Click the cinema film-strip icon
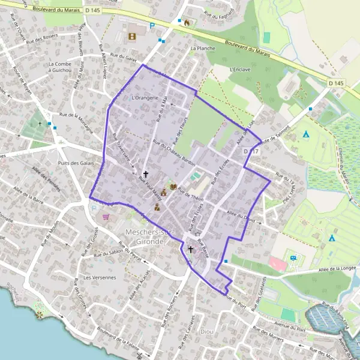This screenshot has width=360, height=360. [131, 36]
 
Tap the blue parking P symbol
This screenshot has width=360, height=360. [152, 26]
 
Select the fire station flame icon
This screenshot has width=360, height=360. [187, 23]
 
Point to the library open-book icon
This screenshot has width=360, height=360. [174, 187]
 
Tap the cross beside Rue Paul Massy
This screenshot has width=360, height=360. [145, 173]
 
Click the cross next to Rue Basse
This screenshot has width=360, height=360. [191, 249]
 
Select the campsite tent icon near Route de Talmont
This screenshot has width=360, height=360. [306, 134]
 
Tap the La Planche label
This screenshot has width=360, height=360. [202, 48]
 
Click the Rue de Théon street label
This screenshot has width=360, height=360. [191, 198]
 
